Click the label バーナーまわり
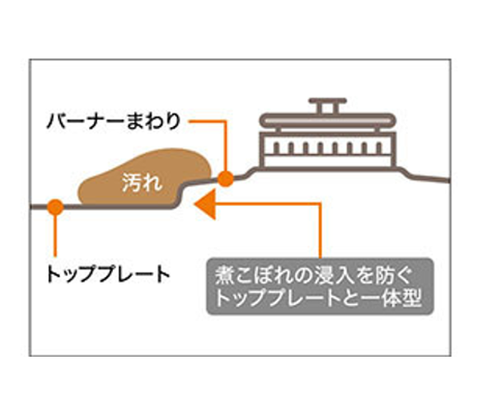pyautogui.click(x=114, y=121)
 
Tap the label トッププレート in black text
pyautogui.click(x=108, y=274)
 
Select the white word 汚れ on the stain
pyautogui.click(x=142, y=183)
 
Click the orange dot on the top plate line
pyautogui.click(x=55, y=207)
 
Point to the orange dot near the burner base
pyautogui.click(x=226, y=179)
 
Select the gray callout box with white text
pyautogui.click(x=320, y=286)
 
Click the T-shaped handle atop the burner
pyautogui.click(x=328, y=105)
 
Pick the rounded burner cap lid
pyautogui.click(x=328, y=120)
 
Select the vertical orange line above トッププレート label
pyautogui.click(x=55, y=236)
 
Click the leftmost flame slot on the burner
pyautogui.click(x=276, y=148)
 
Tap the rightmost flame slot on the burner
pyautogui.click(x=379, y=148)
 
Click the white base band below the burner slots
pyautogui.click(x=328, y=162)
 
